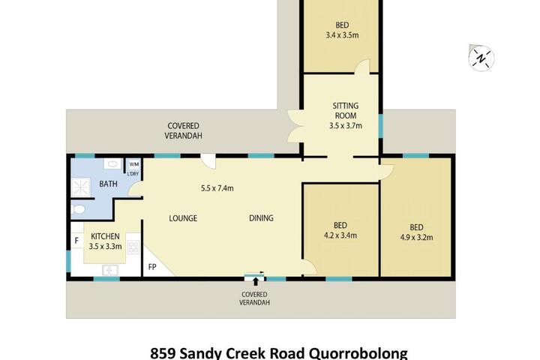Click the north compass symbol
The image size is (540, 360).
481,58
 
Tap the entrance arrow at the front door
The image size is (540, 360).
255,281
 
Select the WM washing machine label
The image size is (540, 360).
134,164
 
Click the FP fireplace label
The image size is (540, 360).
151,267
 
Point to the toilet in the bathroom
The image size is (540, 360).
79,208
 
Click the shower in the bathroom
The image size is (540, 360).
81,187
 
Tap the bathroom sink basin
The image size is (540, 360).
112,163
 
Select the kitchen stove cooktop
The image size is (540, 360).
133,247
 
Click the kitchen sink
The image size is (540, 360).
110,270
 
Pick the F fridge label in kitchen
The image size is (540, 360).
76,240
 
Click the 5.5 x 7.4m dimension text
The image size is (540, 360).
217,188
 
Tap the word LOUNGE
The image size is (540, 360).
183,218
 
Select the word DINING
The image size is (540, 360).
261,217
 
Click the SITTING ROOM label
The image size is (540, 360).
346,110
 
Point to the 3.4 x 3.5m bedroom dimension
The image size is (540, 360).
342,34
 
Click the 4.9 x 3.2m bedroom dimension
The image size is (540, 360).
416,237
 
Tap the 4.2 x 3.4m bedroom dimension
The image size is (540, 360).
340,235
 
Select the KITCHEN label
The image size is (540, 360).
105,236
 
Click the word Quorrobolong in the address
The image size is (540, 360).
358,354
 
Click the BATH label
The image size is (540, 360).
108,184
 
